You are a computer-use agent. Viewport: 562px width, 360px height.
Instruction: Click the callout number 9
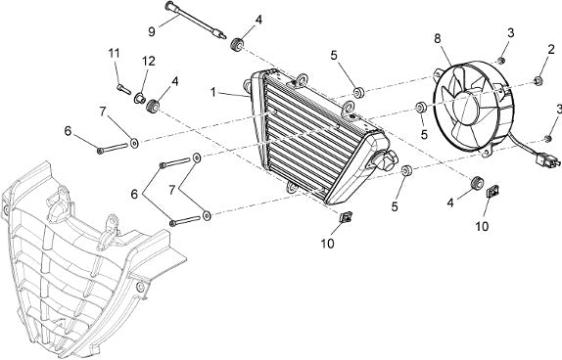(x=152, y=31)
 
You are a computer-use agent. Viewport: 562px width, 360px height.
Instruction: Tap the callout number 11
(x=114, y=54)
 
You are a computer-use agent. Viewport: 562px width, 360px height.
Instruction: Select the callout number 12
(x=148, y=62)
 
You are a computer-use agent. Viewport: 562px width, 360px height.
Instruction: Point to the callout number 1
(x=213, y=92)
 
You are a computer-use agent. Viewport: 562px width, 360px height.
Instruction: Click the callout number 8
(x=438, y=39)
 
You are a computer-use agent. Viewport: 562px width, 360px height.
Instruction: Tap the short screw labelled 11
(x=123, y=88)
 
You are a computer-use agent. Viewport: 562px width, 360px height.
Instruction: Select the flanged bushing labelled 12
(x=139, y=98)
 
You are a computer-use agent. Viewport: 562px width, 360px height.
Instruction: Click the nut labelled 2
(x=539, y=80)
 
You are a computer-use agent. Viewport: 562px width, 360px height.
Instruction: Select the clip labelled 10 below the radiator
(x=346, y=217)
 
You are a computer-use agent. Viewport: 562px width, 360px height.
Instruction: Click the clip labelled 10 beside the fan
(x=493, y=192)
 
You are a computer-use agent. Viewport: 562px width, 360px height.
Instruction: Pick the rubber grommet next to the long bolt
(x=237, y=45)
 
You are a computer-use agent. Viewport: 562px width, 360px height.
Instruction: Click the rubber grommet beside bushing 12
(x=154, y=106)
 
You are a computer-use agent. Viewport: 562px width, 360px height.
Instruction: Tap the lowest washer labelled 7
(x=207, y=215)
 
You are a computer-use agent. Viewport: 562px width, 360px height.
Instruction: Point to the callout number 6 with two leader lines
(x=134, y=195)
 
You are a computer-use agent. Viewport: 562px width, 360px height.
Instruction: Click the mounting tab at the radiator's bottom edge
(x=292, y=187)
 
